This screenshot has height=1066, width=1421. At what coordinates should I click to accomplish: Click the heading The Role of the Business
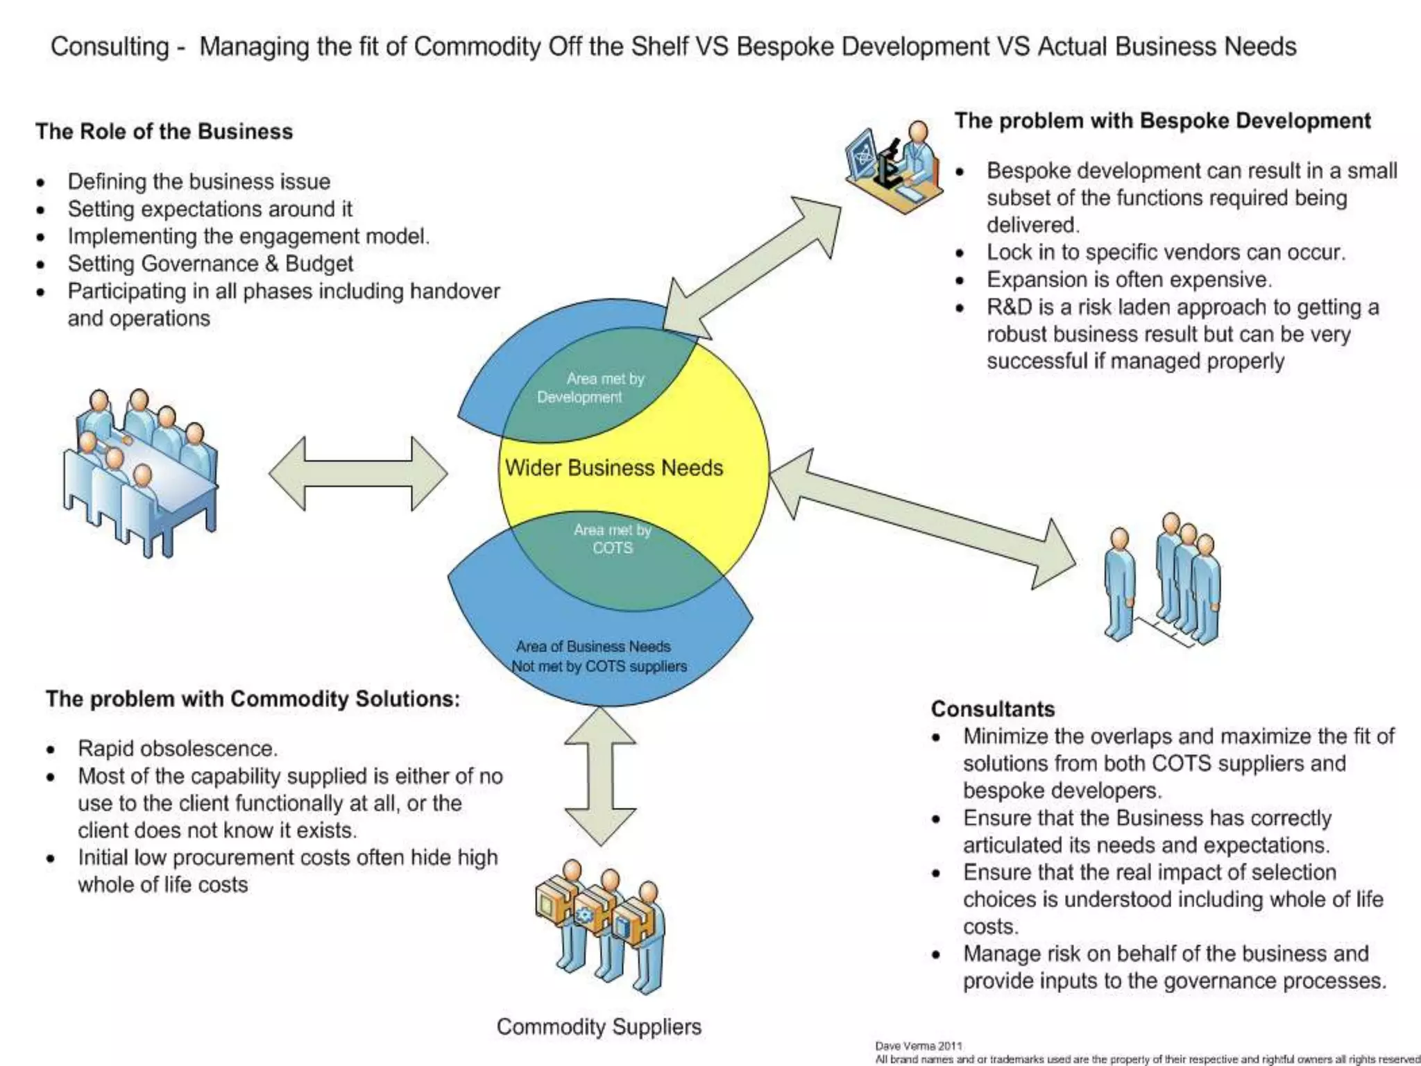[x=164, y=132]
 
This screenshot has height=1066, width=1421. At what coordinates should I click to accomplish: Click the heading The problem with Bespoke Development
[x=1162, y=121]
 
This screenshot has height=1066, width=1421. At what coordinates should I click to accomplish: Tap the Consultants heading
[x=992, y=709]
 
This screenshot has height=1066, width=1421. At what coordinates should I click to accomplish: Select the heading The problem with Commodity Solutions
[x=253, y=699]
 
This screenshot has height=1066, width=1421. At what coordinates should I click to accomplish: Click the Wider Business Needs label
[x=613, y=468]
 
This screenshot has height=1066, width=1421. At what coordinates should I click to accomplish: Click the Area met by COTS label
[x=612, y=539]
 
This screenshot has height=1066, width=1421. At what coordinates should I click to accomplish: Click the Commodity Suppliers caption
[x=599, y=1026]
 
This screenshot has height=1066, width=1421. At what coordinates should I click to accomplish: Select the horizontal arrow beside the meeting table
[x=358, y=474]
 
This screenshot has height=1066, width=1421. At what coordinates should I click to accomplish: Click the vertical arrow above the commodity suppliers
[x=600, y=776]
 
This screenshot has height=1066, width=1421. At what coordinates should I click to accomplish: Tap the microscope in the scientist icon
[x=887, y=164]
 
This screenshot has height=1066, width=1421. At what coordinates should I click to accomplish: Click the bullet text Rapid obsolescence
[x=178, y=749]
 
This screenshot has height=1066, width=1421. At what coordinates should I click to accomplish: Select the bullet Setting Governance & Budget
[x=210, y=264]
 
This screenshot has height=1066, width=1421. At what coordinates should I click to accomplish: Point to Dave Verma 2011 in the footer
[x=918, y=1046]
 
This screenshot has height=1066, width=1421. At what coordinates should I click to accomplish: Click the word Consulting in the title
[x=110, y=46]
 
